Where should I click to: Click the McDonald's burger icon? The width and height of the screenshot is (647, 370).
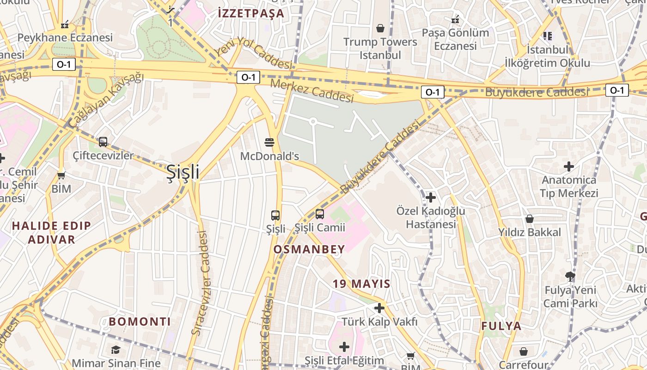[x=269, y=142]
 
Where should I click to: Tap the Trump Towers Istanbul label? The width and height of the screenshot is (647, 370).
[x=380, y=48]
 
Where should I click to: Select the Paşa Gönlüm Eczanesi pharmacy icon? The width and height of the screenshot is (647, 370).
[x=455, y=20]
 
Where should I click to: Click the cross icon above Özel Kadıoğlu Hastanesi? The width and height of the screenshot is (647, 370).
[x=430, y=197]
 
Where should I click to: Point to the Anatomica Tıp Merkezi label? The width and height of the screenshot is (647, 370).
[x=569, y=186]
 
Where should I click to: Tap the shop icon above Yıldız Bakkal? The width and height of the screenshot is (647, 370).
[x=530, y=219]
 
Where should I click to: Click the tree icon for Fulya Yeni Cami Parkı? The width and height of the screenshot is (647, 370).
[x=570, y=277]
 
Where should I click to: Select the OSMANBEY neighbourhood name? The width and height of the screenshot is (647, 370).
[x=309, y=250]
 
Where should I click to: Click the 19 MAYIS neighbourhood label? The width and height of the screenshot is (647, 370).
[x=361, y=284]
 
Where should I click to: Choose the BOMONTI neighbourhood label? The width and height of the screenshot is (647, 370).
[x=140, y=321]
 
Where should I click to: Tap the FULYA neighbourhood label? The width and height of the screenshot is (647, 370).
[x=501, y=326]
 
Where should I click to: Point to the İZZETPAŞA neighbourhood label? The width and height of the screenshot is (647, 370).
[x=251, y=13]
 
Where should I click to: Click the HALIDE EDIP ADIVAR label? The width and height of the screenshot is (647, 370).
[x=51, y=233]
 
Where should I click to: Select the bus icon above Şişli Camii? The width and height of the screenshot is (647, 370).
[x=319, y=214]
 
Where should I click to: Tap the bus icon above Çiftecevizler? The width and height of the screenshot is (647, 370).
[x=103, y=142]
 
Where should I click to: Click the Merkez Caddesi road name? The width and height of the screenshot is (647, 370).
[x=312, y=91]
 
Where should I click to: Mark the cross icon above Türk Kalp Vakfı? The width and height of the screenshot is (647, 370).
[x=379, y=308]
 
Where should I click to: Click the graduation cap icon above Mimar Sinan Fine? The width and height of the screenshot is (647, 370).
[x=116, y=350]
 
